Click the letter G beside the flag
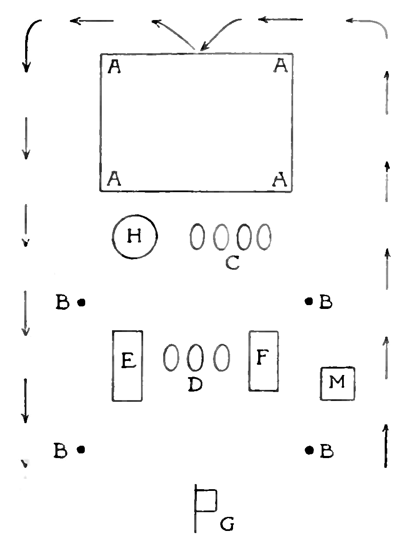click(x=227, y=524)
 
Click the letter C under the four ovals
click(x=232, y=262)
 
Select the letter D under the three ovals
click(x=195, y=384)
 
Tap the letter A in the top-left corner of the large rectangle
click(x=114, y=67)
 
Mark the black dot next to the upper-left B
click(x=81, y=302)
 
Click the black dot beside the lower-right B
click(x=309, y=450)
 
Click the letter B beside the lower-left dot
click(x=60, y=450)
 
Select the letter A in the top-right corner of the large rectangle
click(x=280, y=66)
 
